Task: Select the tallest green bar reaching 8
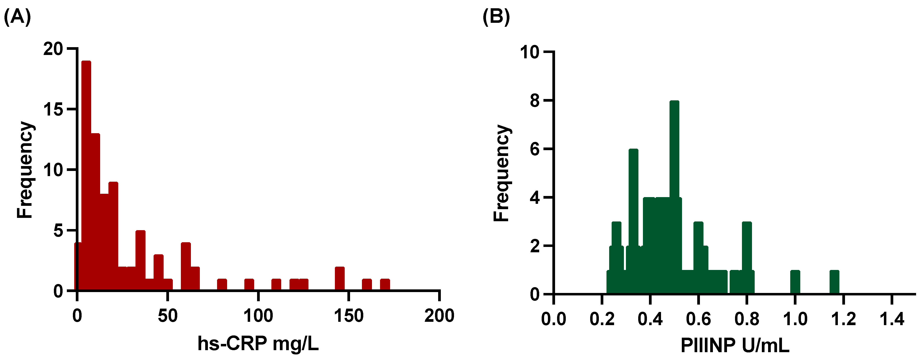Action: [674, 197]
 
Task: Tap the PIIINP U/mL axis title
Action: [735, 345]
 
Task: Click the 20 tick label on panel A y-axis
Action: [53, 49]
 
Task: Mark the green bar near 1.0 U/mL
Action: [795, 282]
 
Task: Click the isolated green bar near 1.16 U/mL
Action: [834, 282]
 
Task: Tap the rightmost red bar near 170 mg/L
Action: [385, 285]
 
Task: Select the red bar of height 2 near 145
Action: [340, 279]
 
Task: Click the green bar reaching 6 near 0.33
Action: [633, 222]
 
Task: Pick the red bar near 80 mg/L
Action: [222, 285]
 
